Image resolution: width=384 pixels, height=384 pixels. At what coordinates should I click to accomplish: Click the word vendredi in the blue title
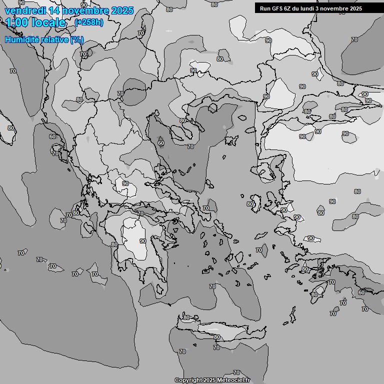23,10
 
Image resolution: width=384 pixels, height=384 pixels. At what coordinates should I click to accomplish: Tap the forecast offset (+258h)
88,22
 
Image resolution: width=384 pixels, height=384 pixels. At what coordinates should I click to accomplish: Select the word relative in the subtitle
55,39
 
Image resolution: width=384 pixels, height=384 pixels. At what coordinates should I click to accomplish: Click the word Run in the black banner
265,8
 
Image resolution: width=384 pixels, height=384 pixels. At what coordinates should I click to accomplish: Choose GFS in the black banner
277,8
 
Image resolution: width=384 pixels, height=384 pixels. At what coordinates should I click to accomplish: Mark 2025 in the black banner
368,8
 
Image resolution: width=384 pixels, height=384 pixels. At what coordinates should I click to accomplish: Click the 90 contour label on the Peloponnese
143,241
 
